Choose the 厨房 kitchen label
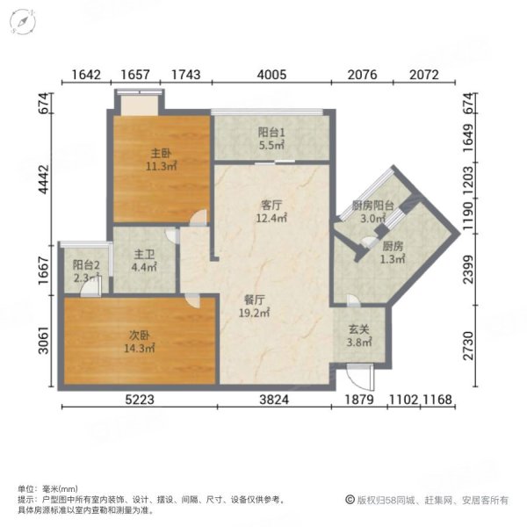(x=393, y=247)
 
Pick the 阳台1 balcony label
(x=271, y=132)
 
